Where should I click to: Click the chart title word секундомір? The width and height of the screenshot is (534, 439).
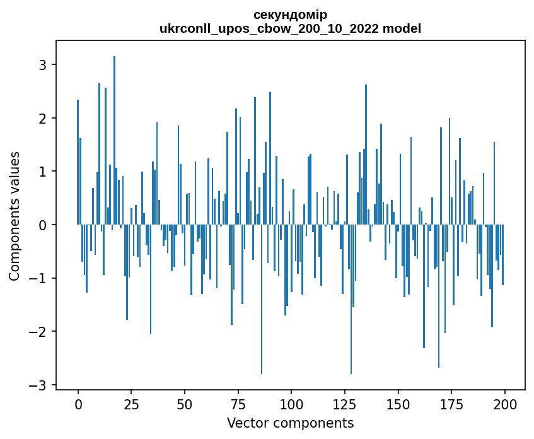pyautogui.click(x=290, y=15)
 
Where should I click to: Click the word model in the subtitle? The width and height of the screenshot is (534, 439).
pyautogui.click(x=405, y=28)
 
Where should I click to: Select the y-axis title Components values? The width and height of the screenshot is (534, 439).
pyautogui.click(x=15, y=216)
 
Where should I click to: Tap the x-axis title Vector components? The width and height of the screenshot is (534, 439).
pyautogui.click(x=290, y=423)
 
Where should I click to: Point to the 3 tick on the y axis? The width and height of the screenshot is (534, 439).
pyautogui.click(x=43, y=65)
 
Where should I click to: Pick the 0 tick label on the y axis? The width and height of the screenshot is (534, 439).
pyautogui.click(x=43, y=225)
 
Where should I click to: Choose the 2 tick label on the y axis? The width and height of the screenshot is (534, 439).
pyautogui.click(x=43, y=119)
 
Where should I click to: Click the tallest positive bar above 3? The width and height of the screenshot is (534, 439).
pyautogui.click(x=114, y=139)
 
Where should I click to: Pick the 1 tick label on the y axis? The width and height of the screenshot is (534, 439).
pyautogui.click(x=43, y=172)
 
